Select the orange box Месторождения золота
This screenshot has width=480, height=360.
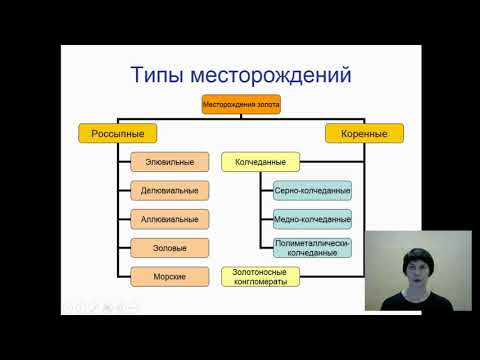(x=241, y=104)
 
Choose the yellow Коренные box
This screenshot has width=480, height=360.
(x=350, y=131)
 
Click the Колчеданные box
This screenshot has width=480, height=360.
(x=260, y=161)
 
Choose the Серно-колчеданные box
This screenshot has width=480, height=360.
(x=311, y=190)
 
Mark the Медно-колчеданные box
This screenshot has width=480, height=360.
(x=311, y=218)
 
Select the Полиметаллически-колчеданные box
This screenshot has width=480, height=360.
(x=311, y=247)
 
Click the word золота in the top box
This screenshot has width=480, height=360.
(x=263, y=104)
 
